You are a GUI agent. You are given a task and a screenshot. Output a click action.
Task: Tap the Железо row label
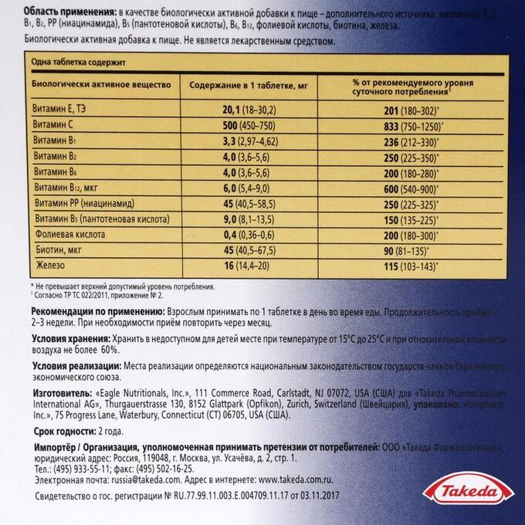(x=49, y=266)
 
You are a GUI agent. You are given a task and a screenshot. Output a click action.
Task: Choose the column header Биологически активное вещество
(x=94, y=83)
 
